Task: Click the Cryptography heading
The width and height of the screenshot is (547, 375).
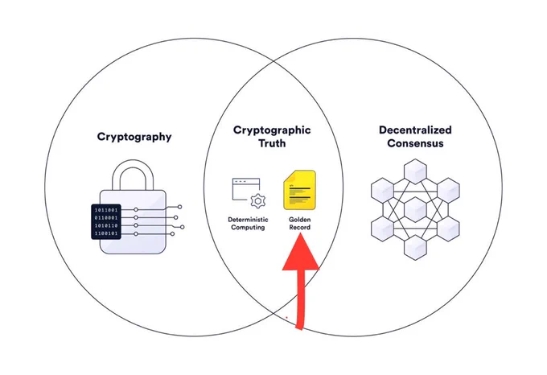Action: (134, 137)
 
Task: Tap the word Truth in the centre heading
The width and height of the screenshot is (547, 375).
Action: (272, 143)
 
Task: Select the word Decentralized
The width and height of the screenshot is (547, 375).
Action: (415, 130)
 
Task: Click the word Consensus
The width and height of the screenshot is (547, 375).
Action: (415, 143)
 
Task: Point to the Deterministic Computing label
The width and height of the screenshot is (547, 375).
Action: (248, 224)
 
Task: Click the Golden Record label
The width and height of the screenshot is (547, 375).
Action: (300, 224)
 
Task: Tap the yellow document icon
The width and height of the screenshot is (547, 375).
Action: (300, 190)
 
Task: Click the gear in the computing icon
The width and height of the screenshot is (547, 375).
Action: (258, 201)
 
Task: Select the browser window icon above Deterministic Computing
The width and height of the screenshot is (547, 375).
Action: (246, 189)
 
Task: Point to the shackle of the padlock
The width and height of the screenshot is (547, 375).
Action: (133, 175)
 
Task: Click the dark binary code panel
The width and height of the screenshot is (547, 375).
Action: (106, 222)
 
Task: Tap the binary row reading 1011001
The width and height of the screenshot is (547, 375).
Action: (106, 210)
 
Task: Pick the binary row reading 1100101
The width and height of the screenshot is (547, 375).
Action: (106, 233)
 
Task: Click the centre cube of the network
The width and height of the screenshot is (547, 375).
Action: (415, 209)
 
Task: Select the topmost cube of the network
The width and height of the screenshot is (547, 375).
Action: (415, 171)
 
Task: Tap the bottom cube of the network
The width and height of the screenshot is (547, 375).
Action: (415, 248)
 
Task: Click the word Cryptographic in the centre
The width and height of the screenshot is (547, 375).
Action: (272, 130)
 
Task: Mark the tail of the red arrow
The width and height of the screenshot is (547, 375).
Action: (300, 328)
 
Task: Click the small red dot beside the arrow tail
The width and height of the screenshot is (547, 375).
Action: (286, 317)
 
